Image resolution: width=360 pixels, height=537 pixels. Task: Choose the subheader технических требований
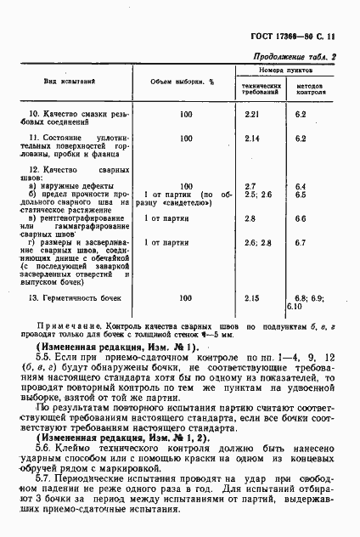(x=261, y=89)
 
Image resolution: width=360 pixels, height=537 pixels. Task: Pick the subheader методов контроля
(x=312, y=89)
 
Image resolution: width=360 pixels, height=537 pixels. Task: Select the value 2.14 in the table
(x=250, y=138)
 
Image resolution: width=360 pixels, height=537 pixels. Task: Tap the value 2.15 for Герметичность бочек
(x=250, y=299)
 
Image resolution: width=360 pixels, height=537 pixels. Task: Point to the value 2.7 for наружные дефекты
(x=250, y=185)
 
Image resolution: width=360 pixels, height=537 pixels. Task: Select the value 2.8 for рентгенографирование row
(x=250, y=218)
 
